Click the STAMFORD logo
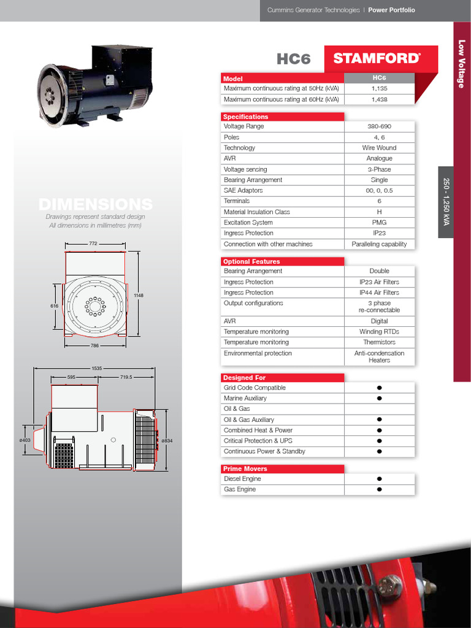[377, 58]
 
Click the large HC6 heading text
[294, 59]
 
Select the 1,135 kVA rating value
[379, 88]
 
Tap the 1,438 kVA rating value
[379, 99]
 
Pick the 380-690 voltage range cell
[379, 126]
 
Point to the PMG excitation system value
[379, 223]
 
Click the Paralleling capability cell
[379, 244]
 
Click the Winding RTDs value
[379, 332]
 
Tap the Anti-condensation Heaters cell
[379, 357]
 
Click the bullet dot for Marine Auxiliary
[380, 399]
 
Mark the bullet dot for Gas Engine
[380, 489]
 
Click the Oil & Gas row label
[237, 409]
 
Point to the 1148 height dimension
[139, 296]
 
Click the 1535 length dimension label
[96, 369]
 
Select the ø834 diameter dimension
[166, 440]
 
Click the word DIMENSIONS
[95, 204]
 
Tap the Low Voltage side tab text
[462, 64]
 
